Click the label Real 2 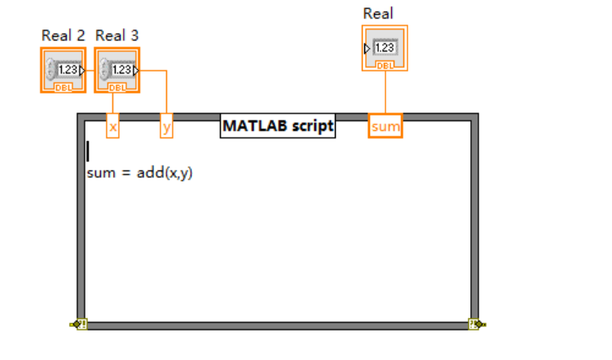click(x=63, y=36)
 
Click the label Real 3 click(x=117, y=36)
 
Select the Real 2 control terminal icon click(x=63, y=70)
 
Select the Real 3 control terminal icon click(x=117, y=70)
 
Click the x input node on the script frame click(x=113, y=127)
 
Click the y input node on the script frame click(x=166, y=127)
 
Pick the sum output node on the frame click(x=385, y=127)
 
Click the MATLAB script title click(x=278, y=126)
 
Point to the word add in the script click(x=149, y=173)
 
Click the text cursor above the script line click(x=88, y=151)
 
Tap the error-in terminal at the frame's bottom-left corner click(x=79, y=324)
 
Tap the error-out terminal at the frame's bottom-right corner click(x=476, y=324)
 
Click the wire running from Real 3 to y click(x=166, y=91)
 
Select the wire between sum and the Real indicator click(x=385, y=94)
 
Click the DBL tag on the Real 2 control click(x=63, y=86)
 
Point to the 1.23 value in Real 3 click(x=121, y=70)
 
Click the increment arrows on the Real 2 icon click(x=51, y=69)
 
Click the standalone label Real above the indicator click(x=378, y=13)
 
